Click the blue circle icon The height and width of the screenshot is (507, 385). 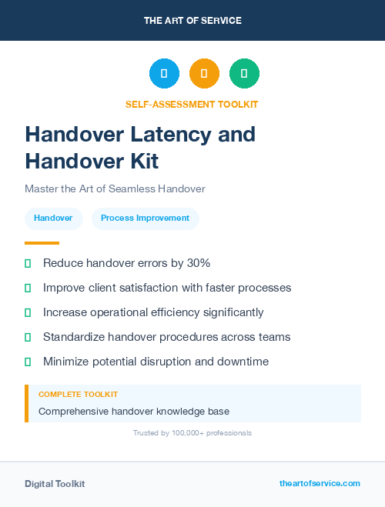164,74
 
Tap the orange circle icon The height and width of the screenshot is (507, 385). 204,74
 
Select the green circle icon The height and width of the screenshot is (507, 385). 244,74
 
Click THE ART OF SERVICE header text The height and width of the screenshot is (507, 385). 192,21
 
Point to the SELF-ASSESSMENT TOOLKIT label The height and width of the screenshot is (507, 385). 192,104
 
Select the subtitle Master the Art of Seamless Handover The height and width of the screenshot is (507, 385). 115,188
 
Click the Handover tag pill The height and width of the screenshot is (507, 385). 53,218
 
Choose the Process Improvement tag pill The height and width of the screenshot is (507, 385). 145,218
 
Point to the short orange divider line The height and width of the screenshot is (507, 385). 42,243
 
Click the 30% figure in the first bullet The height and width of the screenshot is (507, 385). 198,263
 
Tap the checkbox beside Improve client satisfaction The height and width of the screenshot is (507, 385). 28,288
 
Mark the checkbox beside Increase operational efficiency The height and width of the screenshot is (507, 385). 28,312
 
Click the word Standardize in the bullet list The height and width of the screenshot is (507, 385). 75,337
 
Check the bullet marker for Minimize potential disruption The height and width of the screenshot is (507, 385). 28,362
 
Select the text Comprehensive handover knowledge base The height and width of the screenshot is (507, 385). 133,412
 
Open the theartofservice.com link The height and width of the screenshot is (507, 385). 320,483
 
